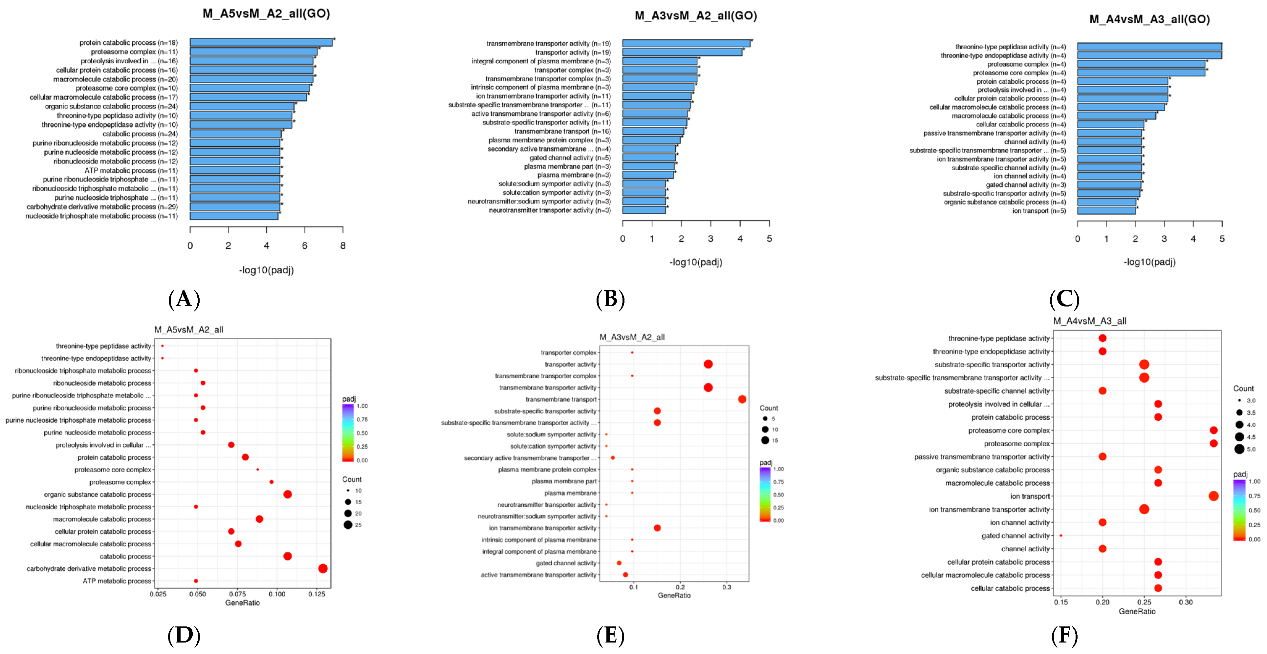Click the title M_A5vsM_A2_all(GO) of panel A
pyautogui.click(x=266, y=13)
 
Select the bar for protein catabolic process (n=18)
pyautogui.click(x=261, y=43)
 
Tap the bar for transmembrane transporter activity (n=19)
pyautogui.click(x=686, y=44)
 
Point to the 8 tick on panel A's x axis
pyautogui.click(x=343, y=245)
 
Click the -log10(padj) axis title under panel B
pyautogui.click(x=695, y=262)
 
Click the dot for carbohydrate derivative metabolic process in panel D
pyautogui.click(x=323, y=568)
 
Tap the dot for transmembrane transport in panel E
pyautogui.click(x=742, y=399)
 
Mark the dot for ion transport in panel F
pyautogui.click(x=1213, y=496)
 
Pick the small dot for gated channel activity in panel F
pyautogui.click(x=1061, y=536)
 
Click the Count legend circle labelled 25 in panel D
pyautogui.click(x=348, y=525)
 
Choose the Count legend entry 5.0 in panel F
pyautogui.click(x=1239, y=449)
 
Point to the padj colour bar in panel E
pyautogui.click(x=765, y=494)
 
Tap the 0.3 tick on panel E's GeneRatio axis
pyautogui.click(x=727, y=587)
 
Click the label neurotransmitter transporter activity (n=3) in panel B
pyautogui.click(x=549, y=210)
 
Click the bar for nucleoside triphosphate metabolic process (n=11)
pyautogui.click(x=234, y=216)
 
